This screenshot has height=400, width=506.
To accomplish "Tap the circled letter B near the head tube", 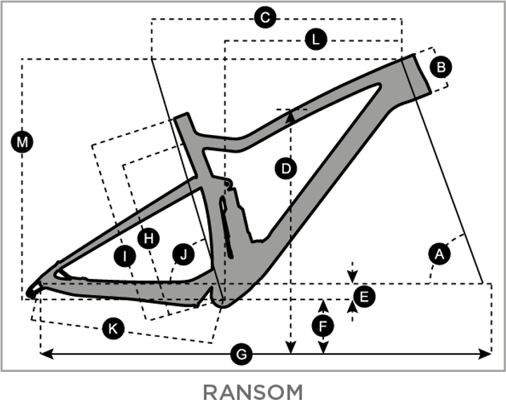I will (441, 67).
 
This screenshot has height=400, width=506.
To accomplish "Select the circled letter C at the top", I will (264, 18).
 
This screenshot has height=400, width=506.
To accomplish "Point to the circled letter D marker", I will (285, 169).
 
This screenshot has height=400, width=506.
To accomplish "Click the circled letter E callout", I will (363, 297).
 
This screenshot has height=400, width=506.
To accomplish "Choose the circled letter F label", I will (322, 326).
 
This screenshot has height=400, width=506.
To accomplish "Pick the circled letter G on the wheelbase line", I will (242, 355).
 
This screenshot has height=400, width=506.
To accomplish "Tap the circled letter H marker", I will (148, 238).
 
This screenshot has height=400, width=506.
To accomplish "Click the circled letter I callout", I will (124, 257).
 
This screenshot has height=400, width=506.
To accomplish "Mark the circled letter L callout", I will (316, 40).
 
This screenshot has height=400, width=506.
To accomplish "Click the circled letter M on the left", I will (22, 143).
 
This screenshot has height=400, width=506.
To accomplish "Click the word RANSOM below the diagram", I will (253, 391).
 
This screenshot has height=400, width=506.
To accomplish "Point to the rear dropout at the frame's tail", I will (34, 289).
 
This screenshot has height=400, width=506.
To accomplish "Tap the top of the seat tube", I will (183, 119).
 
